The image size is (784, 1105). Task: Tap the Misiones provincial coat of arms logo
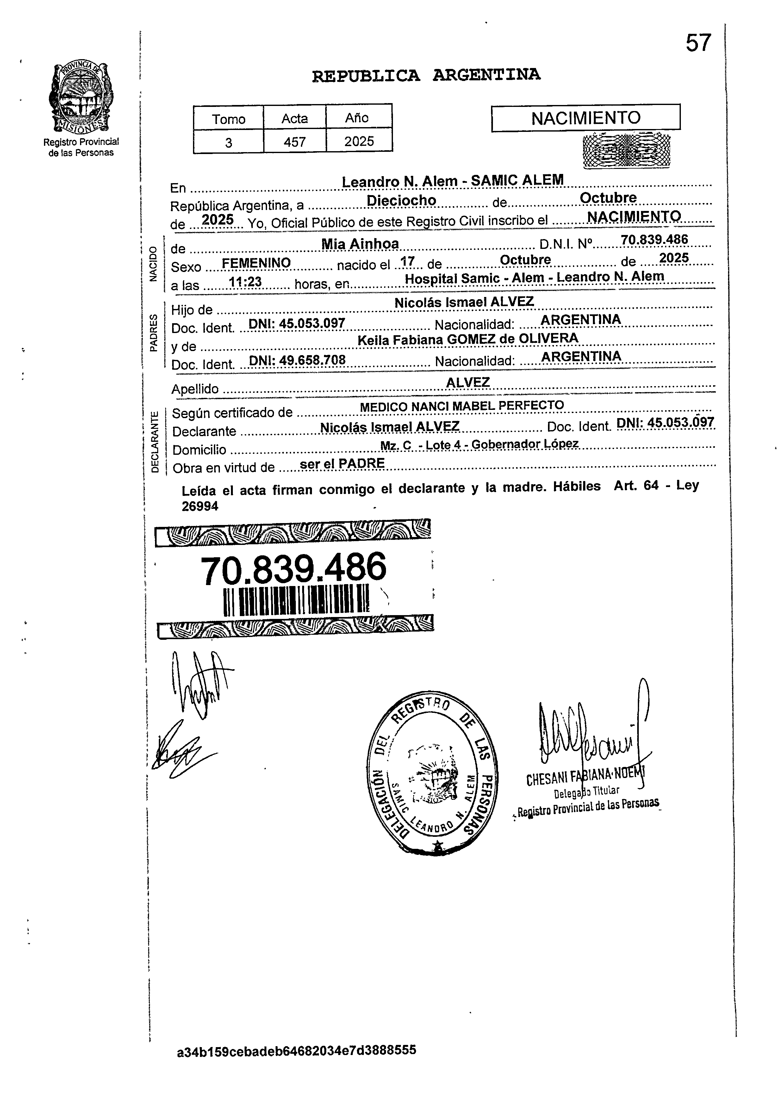81,98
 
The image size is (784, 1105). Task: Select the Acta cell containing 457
295,142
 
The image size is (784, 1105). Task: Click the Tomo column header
228,119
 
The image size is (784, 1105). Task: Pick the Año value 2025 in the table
359,141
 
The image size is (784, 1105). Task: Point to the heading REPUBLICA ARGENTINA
426,75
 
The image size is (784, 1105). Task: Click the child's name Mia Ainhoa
360,244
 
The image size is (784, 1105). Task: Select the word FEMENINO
256,263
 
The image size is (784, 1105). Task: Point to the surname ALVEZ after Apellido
468,382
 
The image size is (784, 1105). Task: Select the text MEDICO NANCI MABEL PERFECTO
462,406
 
